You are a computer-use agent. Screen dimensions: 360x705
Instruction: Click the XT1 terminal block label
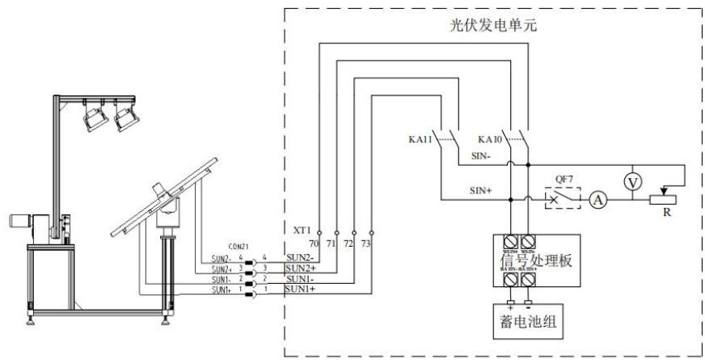tap(303, 230)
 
